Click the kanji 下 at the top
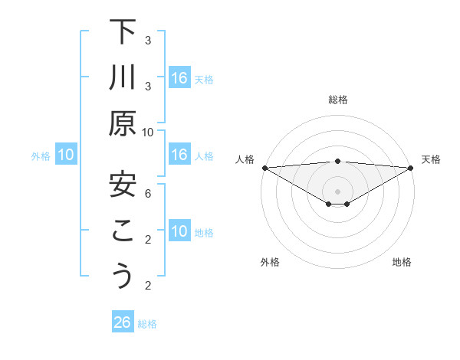123,33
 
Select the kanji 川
123,77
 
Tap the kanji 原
123,123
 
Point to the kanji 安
123,184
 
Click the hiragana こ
123,230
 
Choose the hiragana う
123,275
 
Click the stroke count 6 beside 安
148,194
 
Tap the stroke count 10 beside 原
148,133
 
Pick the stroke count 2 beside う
148,286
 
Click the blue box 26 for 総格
123,322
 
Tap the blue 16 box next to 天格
179,78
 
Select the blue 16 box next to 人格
179,155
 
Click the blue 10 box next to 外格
66,155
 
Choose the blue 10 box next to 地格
179,231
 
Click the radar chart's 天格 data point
411,168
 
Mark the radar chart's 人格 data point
264,168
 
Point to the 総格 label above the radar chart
338,100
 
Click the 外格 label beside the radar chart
270,262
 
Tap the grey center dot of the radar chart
338,190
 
